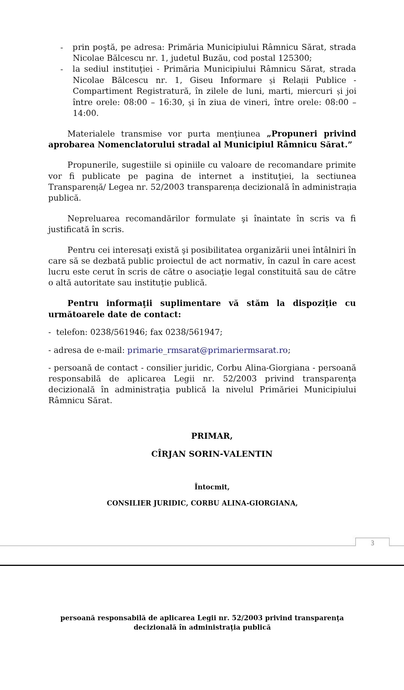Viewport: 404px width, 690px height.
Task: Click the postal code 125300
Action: (294, 58)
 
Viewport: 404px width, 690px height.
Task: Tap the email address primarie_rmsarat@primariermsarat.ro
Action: (207, 350)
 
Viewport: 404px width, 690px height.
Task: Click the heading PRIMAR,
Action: (212, 436)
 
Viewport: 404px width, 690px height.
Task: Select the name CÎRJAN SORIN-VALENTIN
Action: (212, 454)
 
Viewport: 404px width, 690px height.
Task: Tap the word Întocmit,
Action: (212, 487)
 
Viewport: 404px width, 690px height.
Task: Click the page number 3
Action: (372, 543)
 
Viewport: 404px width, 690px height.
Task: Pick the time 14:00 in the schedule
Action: (85, 113)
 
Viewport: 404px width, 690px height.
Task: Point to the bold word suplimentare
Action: (190, 303)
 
